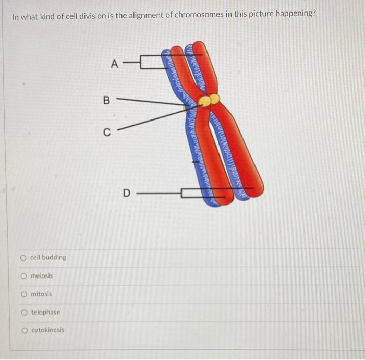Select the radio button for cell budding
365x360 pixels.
[23, 257]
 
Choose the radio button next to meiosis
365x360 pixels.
[23, 275]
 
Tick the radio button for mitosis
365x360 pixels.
[23, 294]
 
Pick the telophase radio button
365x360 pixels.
[23, 312]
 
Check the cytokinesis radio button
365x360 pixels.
[23, 330]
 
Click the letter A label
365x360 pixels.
[115, 65]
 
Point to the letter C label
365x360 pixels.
[106, 133]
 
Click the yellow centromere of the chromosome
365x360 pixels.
[208, 100]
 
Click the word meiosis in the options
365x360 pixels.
[42, 275]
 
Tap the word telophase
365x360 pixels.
[45, 312]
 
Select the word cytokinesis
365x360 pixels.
[48, 330]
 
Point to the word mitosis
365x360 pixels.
[41, 294]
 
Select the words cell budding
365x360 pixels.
[48, 257]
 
